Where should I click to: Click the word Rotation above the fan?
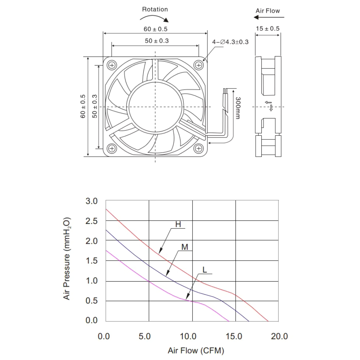pos(155,9)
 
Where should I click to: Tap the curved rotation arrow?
pos(155,17)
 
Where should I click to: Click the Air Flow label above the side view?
pos(268,11)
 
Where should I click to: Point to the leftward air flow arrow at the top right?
pos(269,17)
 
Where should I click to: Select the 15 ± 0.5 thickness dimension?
pos(268,29)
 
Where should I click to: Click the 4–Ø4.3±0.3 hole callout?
pos(230,42)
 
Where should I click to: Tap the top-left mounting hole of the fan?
pos(112,65)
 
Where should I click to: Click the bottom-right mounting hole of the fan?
pos(199,149)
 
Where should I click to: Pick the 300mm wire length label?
pos(238,108)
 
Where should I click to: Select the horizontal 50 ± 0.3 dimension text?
pos(157,41)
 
